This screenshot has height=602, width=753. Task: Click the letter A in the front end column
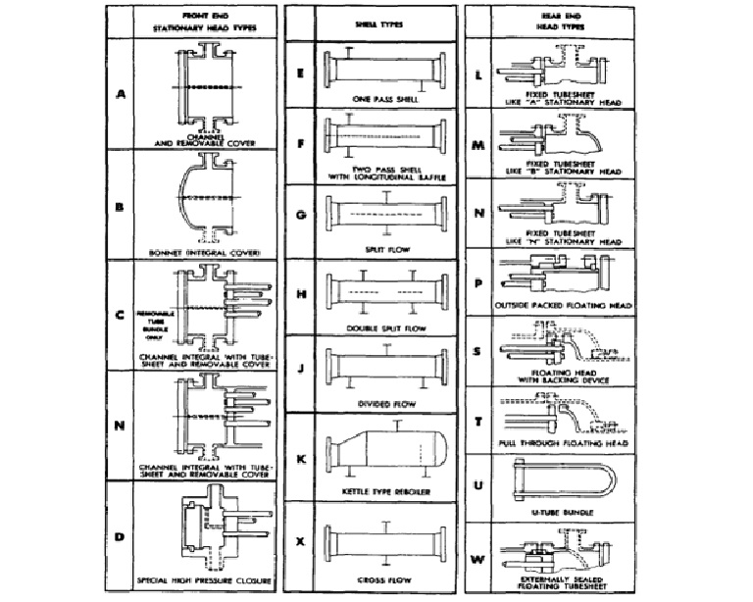tap(121, 94)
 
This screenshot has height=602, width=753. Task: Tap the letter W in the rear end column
tap(477, 559)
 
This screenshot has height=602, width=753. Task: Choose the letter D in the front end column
tap(121, 536)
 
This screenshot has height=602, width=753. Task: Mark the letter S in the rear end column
tap(477, 349)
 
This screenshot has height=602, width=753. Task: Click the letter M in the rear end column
tap(477, 145)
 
